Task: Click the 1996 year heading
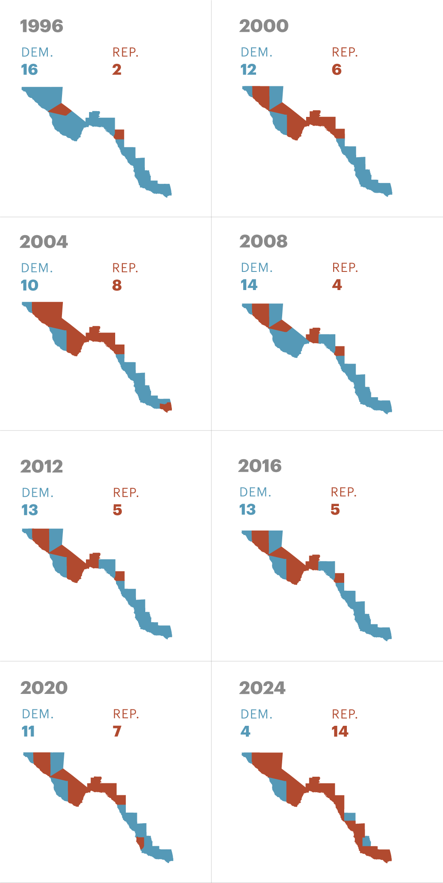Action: pos(42,26)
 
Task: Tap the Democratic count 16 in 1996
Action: pos(29,70)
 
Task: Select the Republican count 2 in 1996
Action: pos(117,70)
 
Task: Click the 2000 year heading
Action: pos(264,26)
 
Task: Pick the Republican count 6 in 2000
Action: pos(337,70)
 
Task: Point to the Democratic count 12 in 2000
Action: pos(249,70)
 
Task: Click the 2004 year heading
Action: pos(43,242)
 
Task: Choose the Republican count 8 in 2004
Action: pos(117,285)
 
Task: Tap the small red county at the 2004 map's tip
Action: pos(166,407)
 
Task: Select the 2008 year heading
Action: pos(263,241)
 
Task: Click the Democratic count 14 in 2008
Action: pos(249,285)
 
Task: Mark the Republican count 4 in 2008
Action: pos(337,285)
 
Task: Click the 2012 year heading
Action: pos(42,466)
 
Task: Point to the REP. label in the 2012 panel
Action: pos(126,493)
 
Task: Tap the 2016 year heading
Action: pos(260,466)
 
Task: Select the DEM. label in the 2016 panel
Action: pos(255,492)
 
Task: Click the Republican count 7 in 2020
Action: pos(117,731)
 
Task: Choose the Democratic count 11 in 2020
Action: pos(28,731)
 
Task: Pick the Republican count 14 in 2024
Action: pos(340,732)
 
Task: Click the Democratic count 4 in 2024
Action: pos(245,732)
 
